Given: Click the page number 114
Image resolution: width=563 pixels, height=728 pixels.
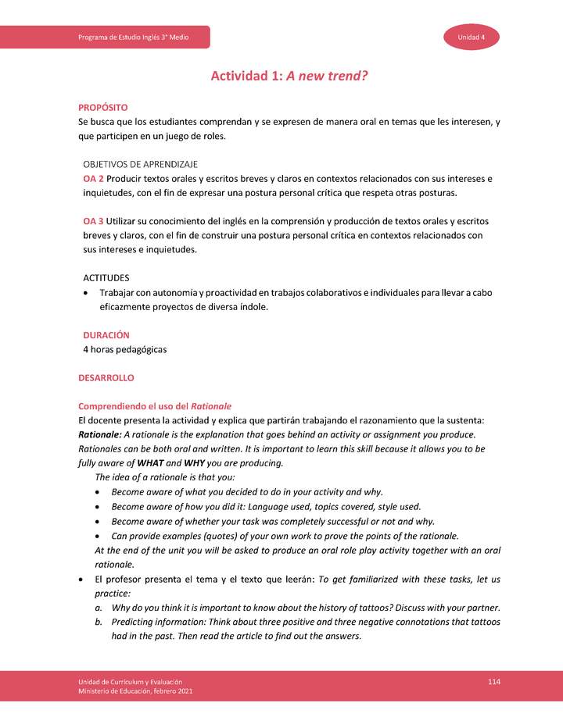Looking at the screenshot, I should pos(493,682).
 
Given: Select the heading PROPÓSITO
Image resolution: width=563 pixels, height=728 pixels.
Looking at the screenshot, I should pos(103,107).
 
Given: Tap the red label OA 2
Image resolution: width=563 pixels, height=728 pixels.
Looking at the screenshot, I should pos(93,178).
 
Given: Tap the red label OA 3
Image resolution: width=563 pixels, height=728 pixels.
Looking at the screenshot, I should pos(93,221).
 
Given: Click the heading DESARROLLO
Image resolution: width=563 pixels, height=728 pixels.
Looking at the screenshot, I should pos(106,377).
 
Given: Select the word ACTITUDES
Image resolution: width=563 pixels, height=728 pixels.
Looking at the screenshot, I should pos(106,278).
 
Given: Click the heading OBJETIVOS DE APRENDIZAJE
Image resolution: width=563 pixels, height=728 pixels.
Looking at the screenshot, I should pos(140,164).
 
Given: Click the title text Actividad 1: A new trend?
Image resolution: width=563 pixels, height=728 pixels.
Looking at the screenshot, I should pos(289,77).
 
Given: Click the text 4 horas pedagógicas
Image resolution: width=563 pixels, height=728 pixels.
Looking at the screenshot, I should pos(124,349).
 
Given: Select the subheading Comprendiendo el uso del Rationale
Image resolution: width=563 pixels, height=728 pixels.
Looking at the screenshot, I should pos(155,406).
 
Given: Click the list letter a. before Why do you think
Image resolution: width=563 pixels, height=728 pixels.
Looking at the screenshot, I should pos(99,608).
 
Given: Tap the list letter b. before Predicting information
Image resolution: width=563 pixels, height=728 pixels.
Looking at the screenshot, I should pos(99,622).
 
